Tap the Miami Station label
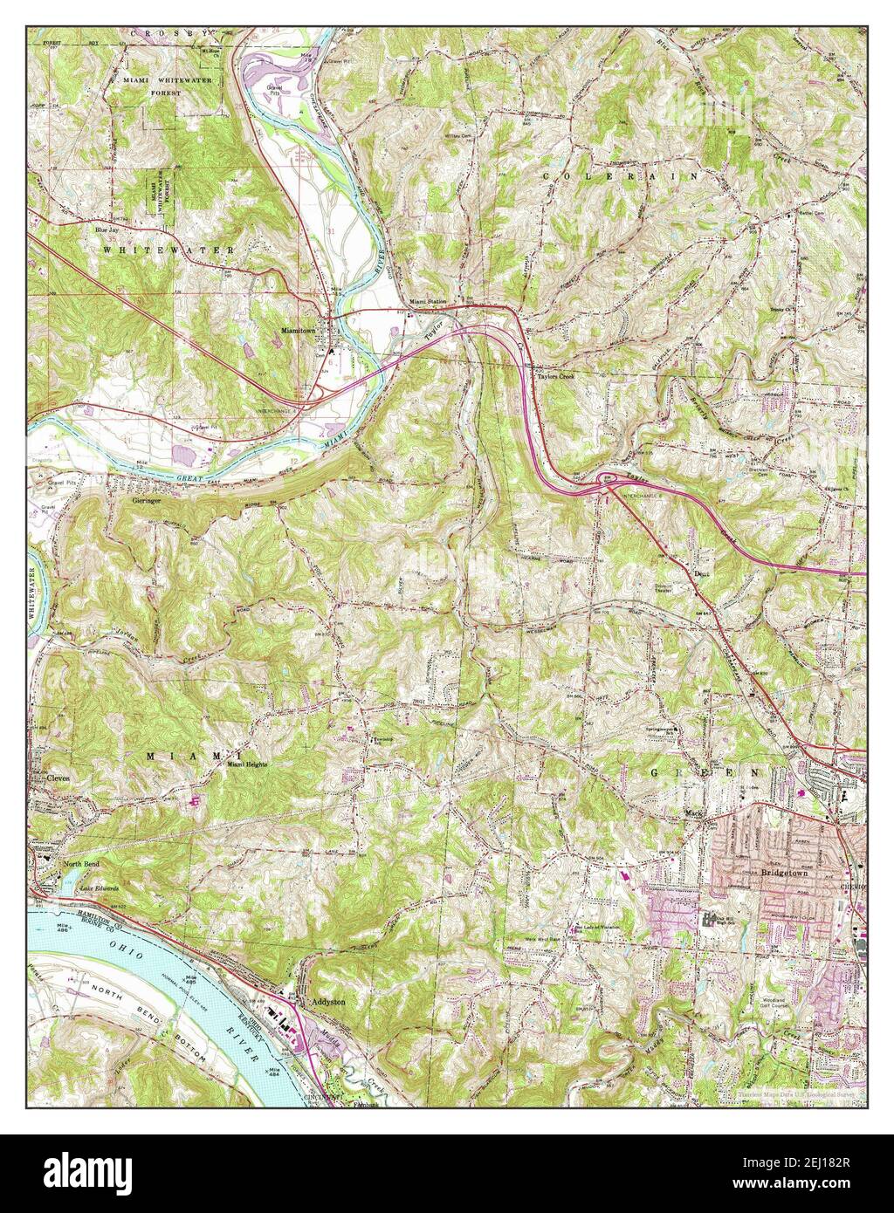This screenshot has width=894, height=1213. coord(428,301)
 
